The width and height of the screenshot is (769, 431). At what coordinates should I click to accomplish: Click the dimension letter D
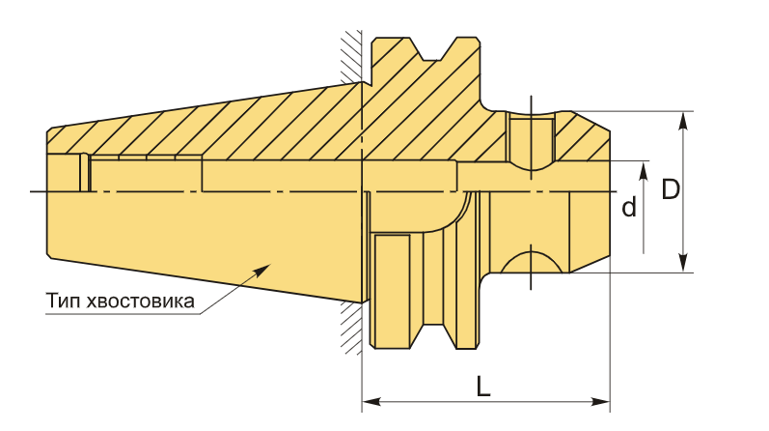[x=671, y=189]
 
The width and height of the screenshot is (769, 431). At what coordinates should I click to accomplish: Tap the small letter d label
[x=629, y=207]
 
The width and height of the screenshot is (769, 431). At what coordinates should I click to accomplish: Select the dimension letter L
[x=483, y=387]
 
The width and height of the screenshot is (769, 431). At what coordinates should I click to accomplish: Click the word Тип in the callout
[x=64, y=301]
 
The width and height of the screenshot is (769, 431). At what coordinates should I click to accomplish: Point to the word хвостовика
[x=140, y=301]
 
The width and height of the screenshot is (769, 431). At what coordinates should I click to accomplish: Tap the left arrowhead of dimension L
[x=371, y=401]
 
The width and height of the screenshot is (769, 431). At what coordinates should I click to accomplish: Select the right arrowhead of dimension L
[x=600, y=401]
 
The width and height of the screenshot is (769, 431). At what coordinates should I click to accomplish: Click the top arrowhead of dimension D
[x=683, y=121]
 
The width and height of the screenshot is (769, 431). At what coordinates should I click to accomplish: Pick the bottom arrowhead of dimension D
[x=683, y=263]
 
